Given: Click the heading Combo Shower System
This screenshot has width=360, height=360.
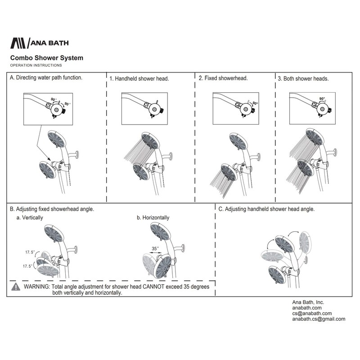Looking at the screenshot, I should point(46,58).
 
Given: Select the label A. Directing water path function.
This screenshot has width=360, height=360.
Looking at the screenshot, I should point(46,77).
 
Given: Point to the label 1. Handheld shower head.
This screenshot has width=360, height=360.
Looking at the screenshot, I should point(139,78).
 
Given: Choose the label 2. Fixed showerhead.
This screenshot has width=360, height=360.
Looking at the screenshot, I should point(223,78).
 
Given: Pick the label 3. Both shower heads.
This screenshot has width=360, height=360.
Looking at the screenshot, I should point(303,78).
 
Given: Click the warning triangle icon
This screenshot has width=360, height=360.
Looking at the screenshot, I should point(16,286).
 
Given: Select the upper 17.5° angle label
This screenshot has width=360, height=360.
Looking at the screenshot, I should point(31,252).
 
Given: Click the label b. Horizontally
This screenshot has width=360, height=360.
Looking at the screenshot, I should point(153,218).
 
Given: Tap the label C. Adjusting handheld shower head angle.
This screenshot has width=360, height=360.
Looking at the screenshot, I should point(266,209).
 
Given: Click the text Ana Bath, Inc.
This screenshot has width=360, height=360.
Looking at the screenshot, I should point(305,302).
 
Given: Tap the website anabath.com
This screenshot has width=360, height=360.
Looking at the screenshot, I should point(305,308).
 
